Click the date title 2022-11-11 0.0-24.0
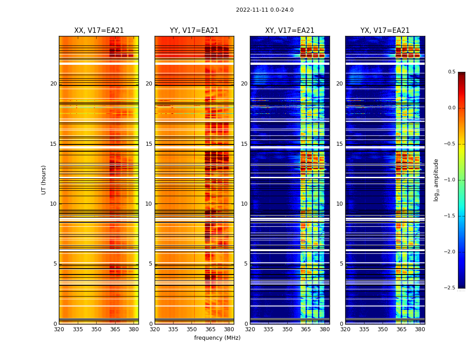tap(264, 10)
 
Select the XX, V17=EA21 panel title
tap(99, 31)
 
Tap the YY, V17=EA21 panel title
tap(194, 31)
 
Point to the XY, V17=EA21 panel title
tap(289, 31)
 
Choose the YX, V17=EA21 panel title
tap(385, 31)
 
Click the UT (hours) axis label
tap(44, 180)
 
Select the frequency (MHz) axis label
tap(217, 338)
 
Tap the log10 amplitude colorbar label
tap(436, 180)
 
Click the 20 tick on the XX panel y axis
tap(53, 84)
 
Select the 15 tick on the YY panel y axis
tap(149, 144)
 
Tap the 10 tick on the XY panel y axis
tap(244, 204)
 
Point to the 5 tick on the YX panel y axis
tap(341, 264)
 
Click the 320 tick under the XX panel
tap(59, 329)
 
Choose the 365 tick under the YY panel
tap(210, 329)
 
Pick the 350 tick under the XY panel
tap(287, 329)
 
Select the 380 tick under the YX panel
tap(420, 329)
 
